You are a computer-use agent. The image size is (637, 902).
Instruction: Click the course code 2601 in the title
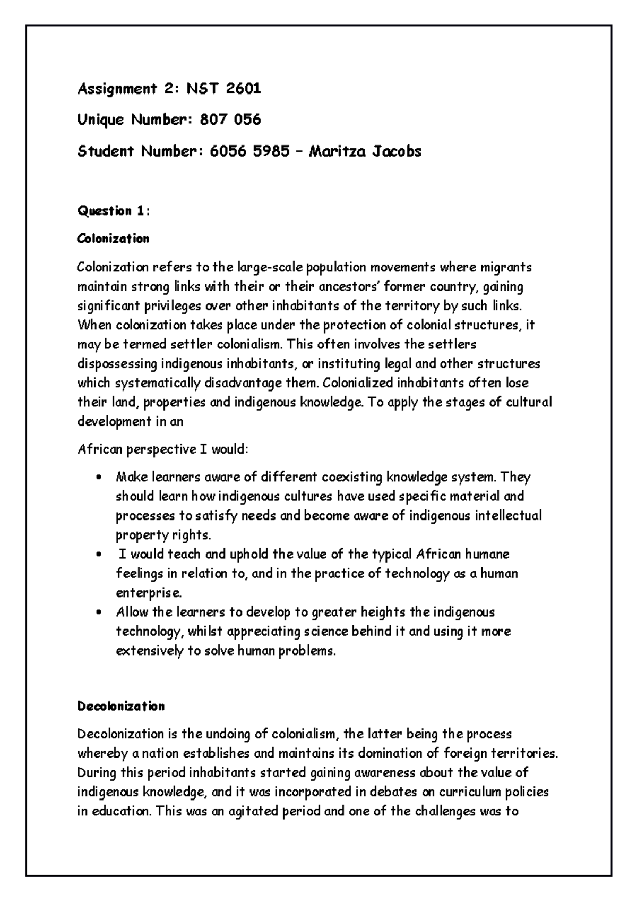click(243, 89)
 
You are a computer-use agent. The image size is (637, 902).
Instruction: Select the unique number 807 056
click(230, 120)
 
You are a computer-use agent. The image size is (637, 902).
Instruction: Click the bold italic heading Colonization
click(113, 239)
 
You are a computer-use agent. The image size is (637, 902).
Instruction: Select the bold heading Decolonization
click(121, 706)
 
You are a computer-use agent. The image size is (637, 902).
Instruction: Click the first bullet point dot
click(99, 477)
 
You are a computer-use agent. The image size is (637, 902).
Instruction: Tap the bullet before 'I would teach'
click(99, 555)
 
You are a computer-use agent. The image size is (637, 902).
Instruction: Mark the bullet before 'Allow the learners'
click(99, 612)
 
